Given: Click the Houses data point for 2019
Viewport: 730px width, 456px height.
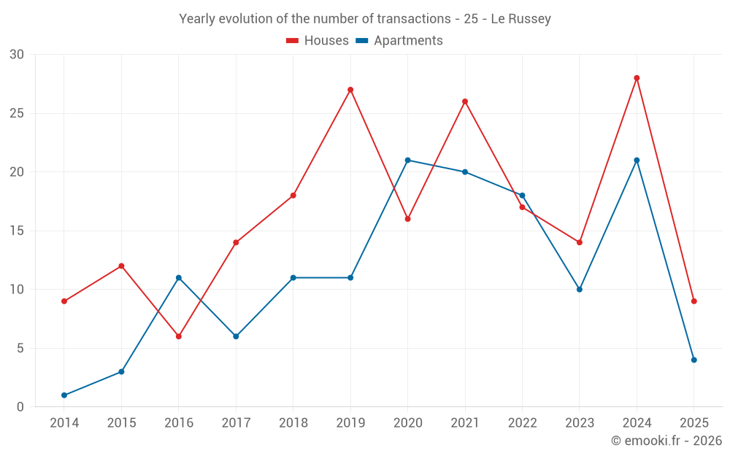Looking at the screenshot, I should (350, 90).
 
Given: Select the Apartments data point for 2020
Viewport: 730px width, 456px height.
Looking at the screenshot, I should (407, 160).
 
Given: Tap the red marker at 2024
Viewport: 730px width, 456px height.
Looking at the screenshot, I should (637, 78).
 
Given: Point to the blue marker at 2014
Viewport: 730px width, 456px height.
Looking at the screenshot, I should (64, 395).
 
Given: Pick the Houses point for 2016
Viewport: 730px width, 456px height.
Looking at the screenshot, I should (179, 336).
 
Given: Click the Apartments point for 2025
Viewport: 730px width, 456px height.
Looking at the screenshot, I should (693, 360).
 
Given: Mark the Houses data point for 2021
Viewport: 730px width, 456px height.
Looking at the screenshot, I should (465, 101).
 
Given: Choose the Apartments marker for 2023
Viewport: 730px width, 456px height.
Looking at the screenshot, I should (580, 289).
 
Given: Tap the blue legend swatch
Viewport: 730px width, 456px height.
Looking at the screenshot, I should (362, 41).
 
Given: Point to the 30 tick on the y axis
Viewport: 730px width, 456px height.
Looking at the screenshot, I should (17, 55).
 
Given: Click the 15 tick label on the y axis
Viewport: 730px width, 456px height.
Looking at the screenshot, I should (17, 231).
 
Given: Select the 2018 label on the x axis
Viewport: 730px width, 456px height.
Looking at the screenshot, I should (293, 423).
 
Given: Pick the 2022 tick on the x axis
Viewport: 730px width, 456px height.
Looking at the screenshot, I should (522, 423).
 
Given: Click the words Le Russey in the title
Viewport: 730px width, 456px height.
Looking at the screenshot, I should (520, 19).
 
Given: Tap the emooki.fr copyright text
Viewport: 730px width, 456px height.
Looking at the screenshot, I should (666, 441).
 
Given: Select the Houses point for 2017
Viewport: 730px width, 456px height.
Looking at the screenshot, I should (236, 242).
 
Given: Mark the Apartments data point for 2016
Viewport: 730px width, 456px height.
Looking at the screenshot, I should (179, 277).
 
